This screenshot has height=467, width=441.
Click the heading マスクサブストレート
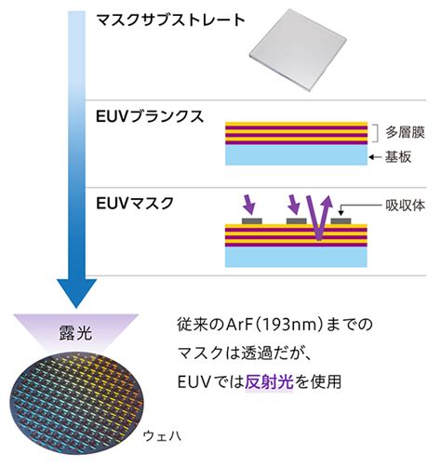tap(171, 20)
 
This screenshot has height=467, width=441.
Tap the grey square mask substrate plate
tap(298, 50)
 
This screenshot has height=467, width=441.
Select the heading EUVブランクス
tap(150, 117)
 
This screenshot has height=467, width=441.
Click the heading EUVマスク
tap(135, 204)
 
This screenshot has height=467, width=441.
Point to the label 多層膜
tap(405, 132)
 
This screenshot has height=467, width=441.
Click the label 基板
tap(398, 157)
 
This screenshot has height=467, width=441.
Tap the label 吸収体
tap(405, 206)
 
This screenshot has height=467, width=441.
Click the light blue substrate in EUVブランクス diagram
tap(296, 154)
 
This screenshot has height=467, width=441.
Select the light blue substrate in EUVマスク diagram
tap(296, 257)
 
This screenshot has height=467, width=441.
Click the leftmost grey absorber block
tap(252, 221)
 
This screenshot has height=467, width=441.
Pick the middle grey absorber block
tap(297, 221)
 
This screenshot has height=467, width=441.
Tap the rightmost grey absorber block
tap(341, 221)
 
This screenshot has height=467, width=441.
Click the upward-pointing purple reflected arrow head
tap(327, 202)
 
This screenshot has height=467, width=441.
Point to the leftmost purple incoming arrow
tap(249, 205)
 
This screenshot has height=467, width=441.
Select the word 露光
tap(75, 333)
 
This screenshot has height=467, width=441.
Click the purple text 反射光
tap(269, 381)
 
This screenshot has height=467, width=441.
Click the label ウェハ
tap(162, 435)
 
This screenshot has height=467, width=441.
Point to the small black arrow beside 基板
tap(375, 157)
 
